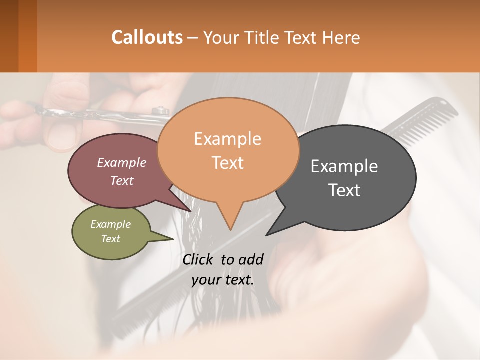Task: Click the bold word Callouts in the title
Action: pos(147,37)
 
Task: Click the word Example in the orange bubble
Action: pos(227,139)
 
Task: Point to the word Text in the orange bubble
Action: pos(227,163)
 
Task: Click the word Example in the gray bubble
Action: pos(344,166)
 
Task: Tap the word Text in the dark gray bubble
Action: pos(344,190)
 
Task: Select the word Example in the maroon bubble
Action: pos(122,162)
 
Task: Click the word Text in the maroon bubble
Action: pos(122,180)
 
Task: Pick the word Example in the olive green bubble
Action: pos(111,224)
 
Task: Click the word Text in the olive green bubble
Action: pos(111,239)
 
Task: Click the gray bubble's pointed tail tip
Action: pos(266,235)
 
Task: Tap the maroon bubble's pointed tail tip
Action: pos(191,211)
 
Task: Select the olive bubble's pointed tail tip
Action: pos(173,239)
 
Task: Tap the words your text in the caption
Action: pos(223,280)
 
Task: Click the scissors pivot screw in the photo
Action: pos(160,110)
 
